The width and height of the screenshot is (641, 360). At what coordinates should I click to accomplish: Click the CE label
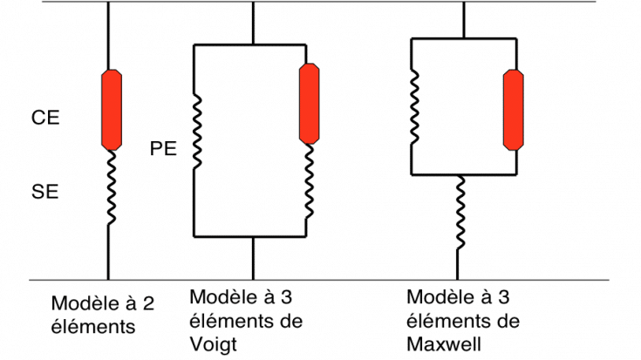[45, 118]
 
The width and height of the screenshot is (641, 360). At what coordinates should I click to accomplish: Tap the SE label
[45, 192]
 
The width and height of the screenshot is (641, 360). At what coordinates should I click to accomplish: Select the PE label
[163, 148]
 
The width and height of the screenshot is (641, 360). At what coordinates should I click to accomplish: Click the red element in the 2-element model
[112, 110]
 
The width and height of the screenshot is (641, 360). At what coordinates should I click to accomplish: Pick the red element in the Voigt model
[309, 104]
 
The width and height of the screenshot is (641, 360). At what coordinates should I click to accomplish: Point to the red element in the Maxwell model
[513, 110]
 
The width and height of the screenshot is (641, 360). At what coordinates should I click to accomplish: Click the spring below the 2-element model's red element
[112, 187]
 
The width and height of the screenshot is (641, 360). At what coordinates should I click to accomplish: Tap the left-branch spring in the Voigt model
[197, 132]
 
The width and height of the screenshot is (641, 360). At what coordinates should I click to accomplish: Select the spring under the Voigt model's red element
[310, 181]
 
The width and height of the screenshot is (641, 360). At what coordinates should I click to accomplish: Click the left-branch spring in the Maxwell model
[414, 107]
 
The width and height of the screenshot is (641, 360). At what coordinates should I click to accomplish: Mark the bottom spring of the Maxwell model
[460, 213]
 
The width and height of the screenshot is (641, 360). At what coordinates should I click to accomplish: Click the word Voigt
[214, 344]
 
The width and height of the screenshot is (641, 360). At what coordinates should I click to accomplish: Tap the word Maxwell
[444, 344]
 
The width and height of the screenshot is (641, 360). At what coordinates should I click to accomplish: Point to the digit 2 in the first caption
[148, 303]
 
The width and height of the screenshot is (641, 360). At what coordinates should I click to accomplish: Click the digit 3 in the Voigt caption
[286, 297]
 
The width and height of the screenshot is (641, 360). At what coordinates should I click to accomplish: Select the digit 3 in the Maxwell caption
[503, 297]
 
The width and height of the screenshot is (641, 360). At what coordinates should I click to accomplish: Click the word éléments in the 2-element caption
[93, 327]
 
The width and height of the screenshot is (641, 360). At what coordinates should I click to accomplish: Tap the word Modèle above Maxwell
[438, 297]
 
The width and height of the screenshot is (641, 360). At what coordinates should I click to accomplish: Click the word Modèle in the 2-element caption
[83, 303]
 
